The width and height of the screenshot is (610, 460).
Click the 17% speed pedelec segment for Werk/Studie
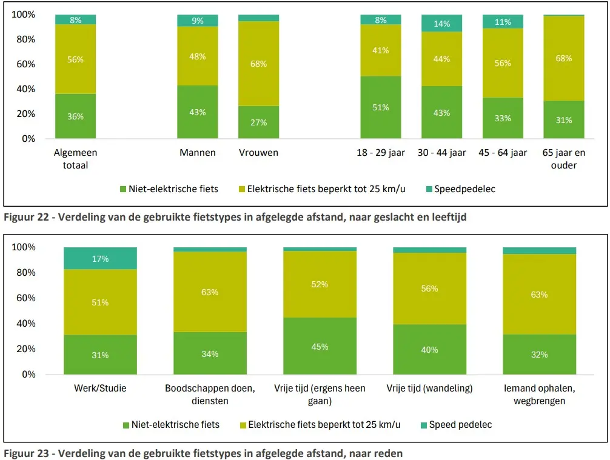point(100,259)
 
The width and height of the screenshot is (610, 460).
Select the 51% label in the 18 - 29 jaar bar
point(381,107)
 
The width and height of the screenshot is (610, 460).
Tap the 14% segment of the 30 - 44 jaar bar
point(442,24)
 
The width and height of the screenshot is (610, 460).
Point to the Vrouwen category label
point(258,153)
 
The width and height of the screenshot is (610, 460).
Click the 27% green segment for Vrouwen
point(258,122)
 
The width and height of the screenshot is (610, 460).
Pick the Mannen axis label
point(198,153)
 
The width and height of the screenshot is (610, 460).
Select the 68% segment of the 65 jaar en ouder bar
point(564,59)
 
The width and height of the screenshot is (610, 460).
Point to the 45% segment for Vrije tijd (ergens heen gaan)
point(320,347)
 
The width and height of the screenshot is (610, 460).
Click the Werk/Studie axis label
point(100,388)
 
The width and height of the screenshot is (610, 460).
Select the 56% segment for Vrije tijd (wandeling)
point(429,288)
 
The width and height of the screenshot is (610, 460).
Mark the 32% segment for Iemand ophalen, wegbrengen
point(539,355)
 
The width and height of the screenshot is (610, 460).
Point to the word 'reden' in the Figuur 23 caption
point(389,453)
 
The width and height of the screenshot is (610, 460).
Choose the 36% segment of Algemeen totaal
point(75,116)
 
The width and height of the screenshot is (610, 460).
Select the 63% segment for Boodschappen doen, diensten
point(210,292)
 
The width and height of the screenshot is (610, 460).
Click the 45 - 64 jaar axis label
point(503,153)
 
